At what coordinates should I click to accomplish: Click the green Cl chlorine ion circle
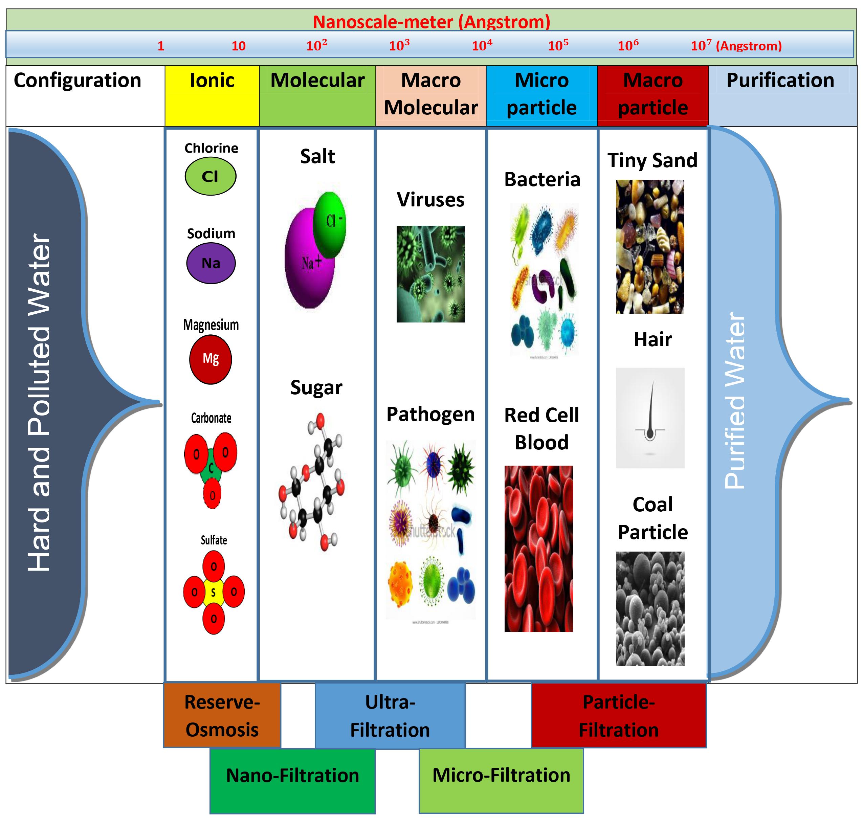210,176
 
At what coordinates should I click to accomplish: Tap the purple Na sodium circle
211,263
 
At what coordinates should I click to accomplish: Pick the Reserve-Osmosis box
222,715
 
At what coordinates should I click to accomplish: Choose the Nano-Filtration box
292,775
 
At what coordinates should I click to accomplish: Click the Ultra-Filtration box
390,715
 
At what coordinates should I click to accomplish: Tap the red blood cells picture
538,549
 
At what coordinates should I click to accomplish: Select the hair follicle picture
650,418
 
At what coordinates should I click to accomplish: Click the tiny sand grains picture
650,246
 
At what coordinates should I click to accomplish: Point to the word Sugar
316,387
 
